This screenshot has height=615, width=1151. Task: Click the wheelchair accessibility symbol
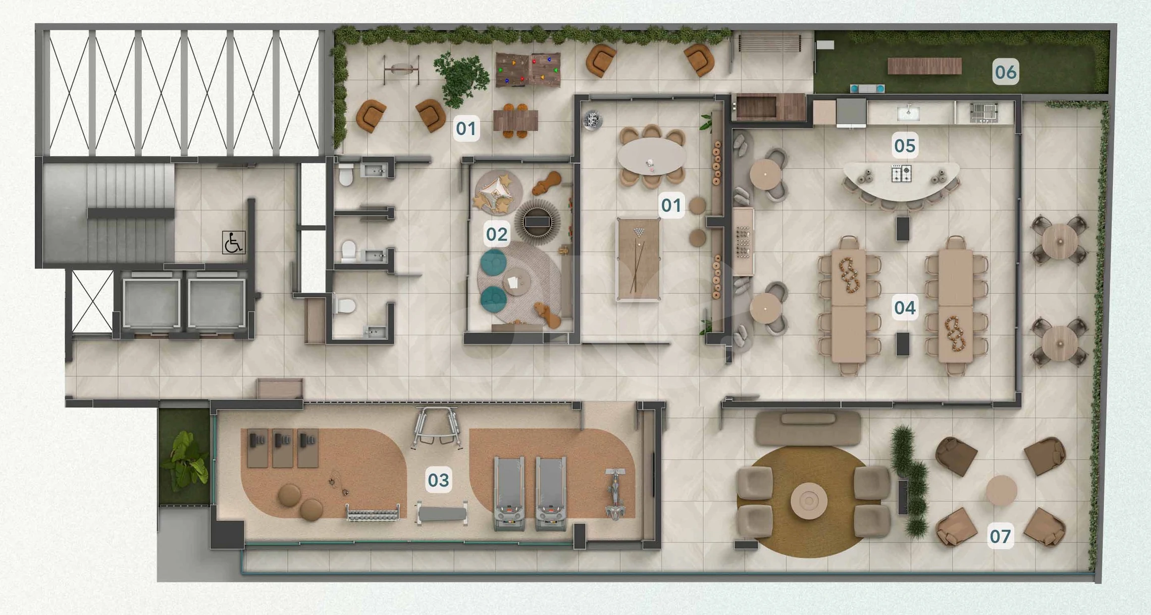pyautogui.click(x=233, y=243)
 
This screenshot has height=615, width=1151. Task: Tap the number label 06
pyautogui.click(x=1005, y=72)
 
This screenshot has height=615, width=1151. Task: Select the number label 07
pyautogui.click(x=1000, y=536)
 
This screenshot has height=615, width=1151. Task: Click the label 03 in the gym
pyautogui.click(x=438, y=480)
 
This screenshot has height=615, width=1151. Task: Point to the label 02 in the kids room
pyautogui.click(x=496, y=234)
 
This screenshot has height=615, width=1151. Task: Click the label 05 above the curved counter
pyautogui.click(x=905, y=146)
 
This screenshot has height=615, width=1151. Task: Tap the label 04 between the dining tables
pyautogui.click(x=905, y=308)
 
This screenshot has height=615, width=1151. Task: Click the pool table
pyautogui.click(x=639, y=260)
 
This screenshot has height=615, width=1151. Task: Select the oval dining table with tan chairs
pyautogui.click(x=652, y=156)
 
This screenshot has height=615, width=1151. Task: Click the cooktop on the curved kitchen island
pyautogui.click(x=901, y=173)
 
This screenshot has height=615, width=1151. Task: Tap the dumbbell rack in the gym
pyautogui.click(x=373, y=514)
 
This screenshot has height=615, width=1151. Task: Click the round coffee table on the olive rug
pyautogui.click(x=809, y=500)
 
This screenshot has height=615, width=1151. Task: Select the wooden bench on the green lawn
pyautogui.click(x=924, y=66)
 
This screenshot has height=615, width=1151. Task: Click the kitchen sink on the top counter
pyautogui.click(x=908, y=113)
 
